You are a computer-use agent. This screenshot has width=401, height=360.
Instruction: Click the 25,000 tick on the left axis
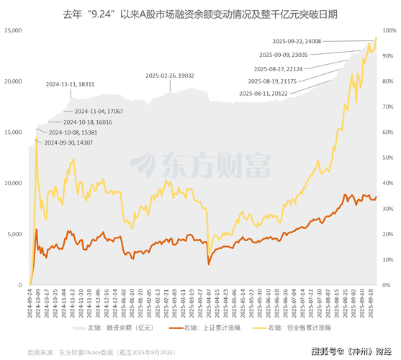tap(14, 31)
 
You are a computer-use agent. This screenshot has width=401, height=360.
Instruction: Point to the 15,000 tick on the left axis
tap(14, 132)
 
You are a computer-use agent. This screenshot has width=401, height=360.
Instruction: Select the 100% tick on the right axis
tap(389, 31)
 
